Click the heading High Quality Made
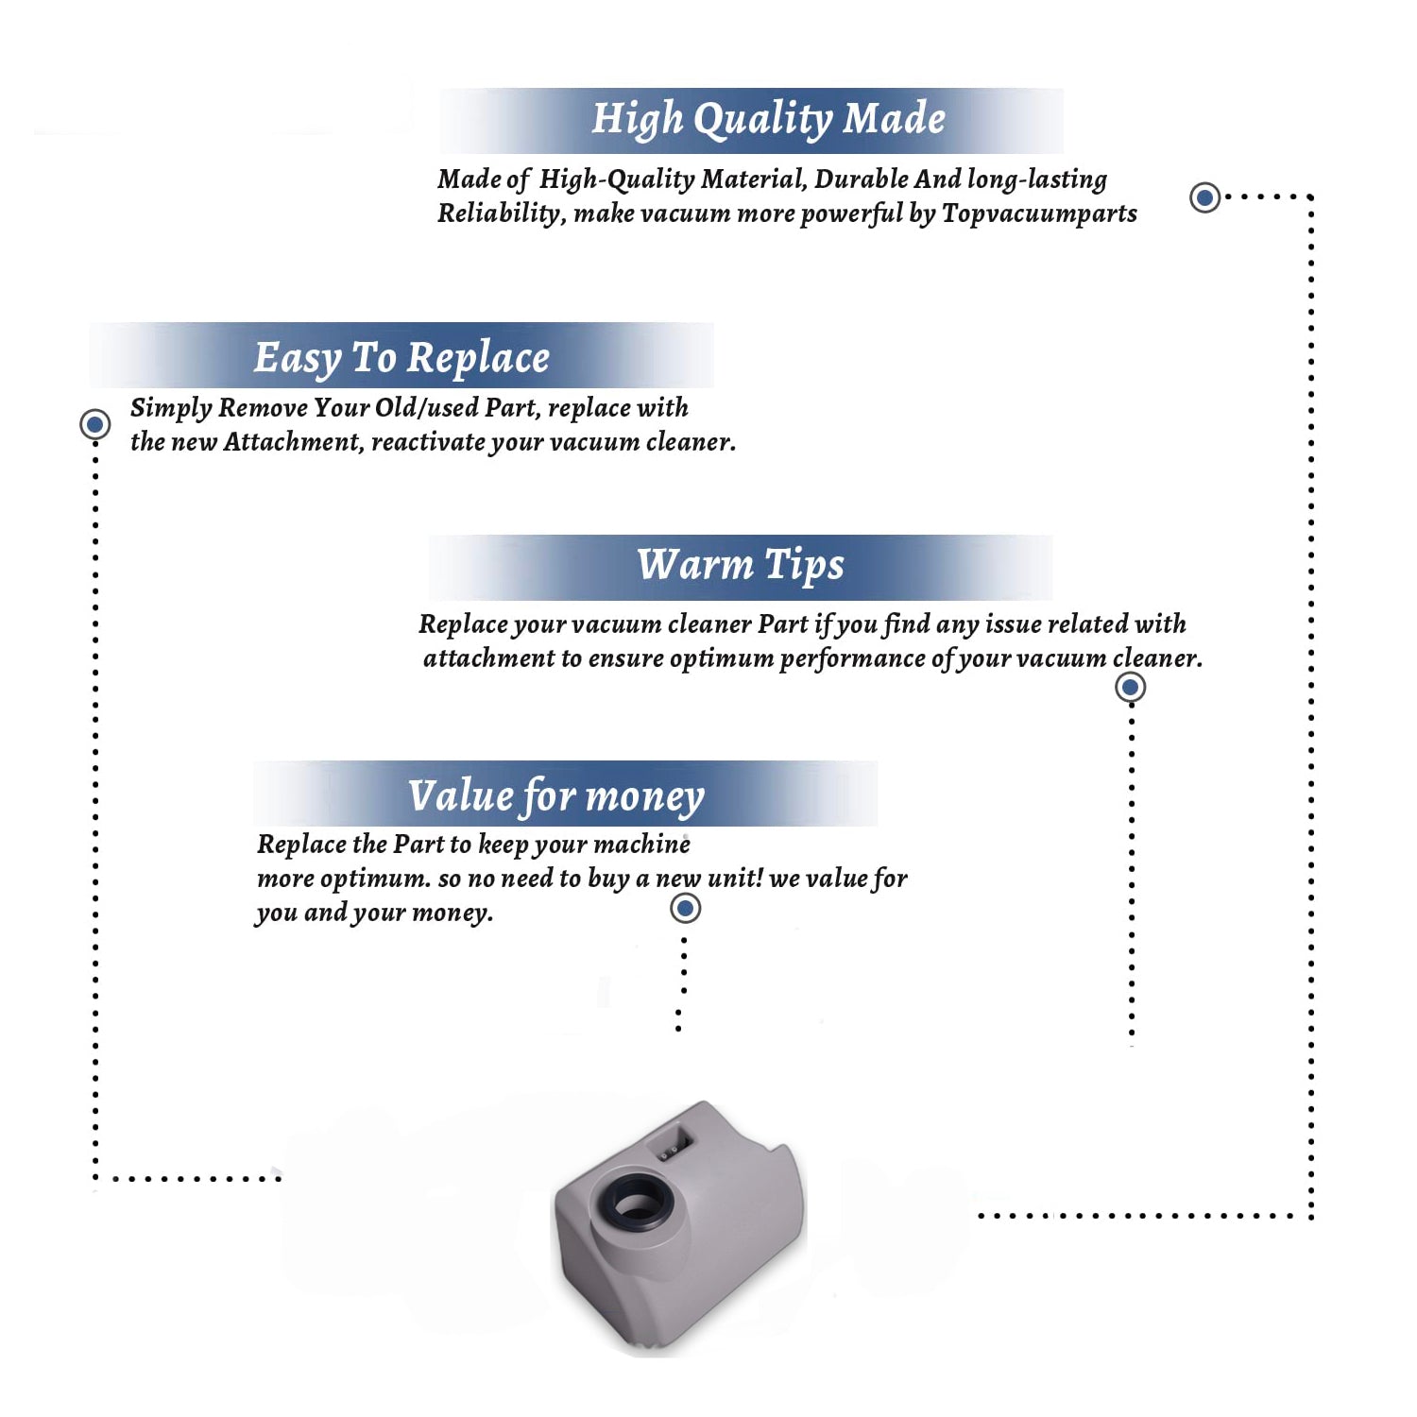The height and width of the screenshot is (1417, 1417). (x=768, y=120)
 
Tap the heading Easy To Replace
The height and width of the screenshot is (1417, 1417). (x=401, y=359)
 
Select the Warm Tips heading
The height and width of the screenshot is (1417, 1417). (x=740, y=566)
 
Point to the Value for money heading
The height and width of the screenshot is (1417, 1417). (x=556, y=796)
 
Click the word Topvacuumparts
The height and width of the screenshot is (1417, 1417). (x=1039, y=214)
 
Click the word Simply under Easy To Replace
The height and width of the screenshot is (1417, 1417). (x=171, y=408)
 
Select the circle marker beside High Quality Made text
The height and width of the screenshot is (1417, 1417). (x=1204, y=197)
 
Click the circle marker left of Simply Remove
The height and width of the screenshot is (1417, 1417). (x=94, y=424)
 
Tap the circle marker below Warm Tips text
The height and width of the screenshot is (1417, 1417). (x=1130, y=687)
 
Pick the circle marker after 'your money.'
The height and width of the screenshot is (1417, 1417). (x=685, y=909)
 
